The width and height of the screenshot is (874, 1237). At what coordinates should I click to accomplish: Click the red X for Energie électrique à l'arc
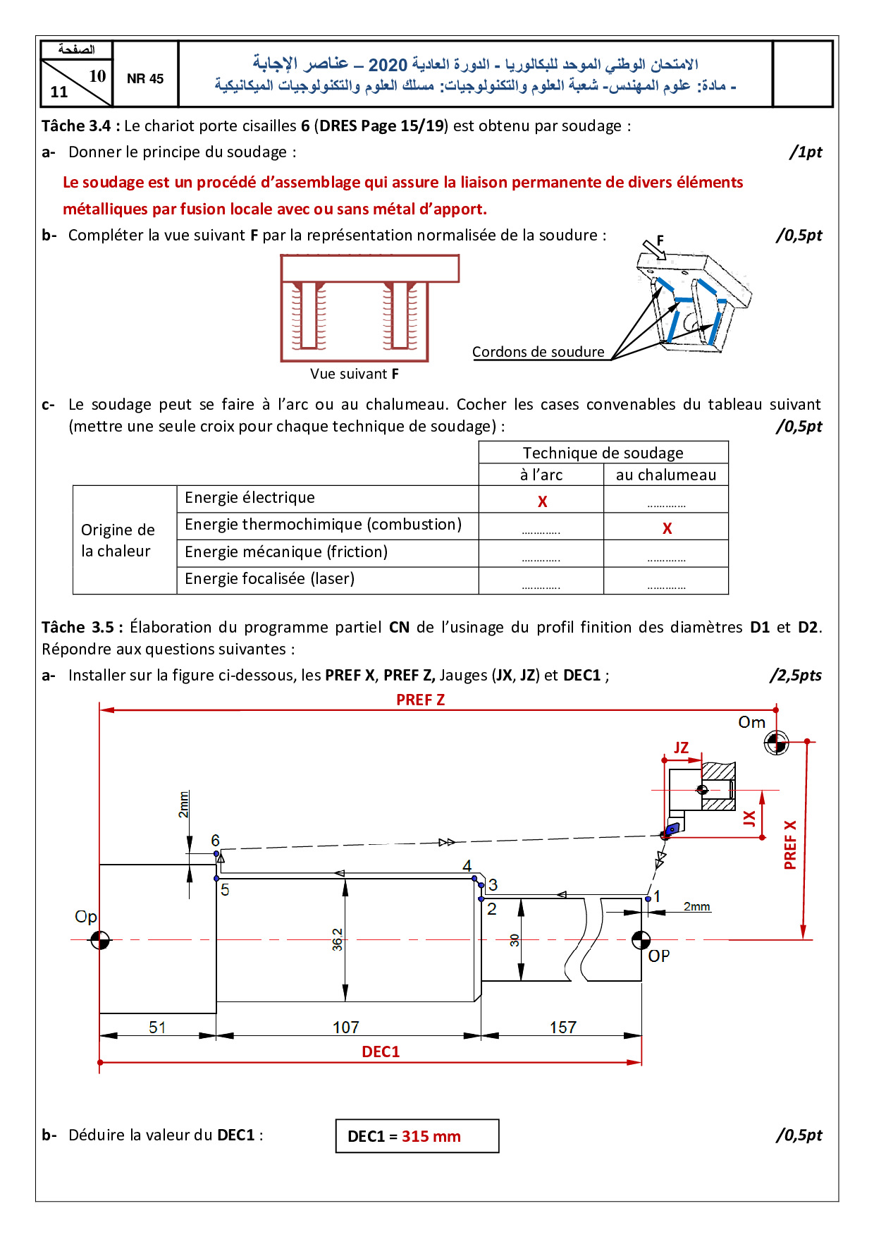[x=542, y=501]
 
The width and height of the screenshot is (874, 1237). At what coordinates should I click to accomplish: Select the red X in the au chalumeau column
[x=667, y=528]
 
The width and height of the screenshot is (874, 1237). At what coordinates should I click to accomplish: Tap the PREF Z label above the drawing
[x=420, y=700]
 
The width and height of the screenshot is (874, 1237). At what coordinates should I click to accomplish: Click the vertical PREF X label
[x=790, y=845]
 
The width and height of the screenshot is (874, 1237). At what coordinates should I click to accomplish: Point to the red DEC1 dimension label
[x=381, y=1052]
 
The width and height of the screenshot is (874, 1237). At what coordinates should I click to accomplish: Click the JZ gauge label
[x=681, y=748]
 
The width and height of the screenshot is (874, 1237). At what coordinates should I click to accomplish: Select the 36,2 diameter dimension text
[x=338, y=939]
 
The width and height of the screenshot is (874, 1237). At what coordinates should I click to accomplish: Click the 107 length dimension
[x=346, y=1028]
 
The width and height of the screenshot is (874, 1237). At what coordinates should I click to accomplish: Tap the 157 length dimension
[x=563, y=1028]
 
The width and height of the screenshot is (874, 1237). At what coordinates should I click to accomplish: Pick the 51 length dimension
[x=157, y=1028]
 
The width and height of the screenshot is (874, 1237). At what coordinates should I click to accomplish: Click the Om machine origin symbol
[x=776, y=742]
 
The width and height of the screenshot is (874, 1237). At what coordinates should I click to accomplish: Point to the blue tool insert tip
[x=672, y=829]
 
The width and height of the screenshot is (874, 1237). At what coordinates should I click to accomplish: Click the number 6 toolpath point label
[x=216, y=841]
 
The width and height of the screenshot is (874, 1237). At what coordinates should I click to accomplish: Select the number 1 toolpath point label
[x=657, y=896]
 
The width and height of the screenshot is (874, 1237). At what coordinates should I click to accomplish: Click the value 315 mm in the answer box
[x=431, y=1136]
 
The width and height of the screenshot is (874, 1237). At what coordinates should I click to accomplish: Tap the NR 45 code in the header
[x=145, y=79]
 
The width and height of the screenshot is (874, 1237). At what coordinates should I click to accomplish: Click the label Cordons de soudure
[x=538, y=352]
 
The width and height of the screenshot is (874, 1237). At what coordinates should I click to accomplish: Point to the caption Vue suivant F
[x=355, y=374]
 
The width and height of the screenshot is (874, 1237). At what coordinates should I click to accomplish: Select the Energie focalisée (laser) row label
[x=269, y=578]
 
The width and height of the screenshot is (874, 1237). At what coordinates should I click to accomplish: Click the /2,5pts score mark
[x=796, y=675]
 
